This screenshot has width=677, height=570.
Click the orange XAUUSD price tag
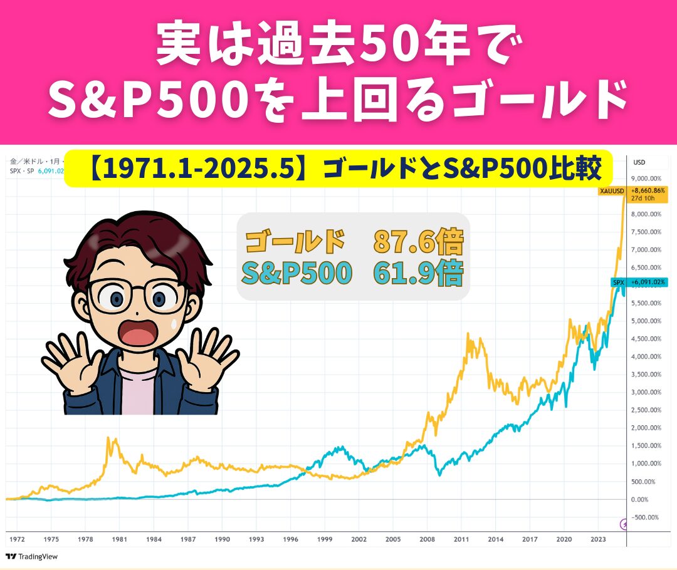[x=612, y=190]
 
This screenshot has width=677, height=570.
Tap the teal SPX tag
[x=618, y=282]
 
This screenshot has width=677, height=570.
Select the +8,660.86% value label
[x=648, y=190]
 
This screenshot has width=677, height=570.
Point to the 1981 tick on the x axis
[x=120, y=539]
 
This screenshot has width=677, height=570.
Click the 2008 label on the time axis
[x=427, y=539]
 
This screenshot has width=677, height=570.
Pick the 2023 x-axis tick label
[x=598, y=539]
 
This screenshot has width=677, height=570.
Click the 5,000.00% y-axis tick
[x=646, y=321]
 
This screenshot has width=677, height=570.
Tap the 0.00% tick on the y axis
[x=639, y=500]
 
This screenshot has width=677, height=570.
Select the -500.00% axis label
[x=644, y=517]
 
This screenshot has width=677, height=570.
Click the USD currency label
[x=639, y=162]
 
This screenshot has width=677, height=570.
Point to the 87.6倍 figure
[x=418, y=241]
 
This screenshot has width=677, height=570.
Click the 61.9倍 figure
[x=418, y=272]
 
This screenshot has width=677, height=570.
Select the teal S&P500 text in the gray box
[x=297, y=272]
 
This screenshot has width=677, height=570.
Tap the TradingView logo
[x=31, y=557]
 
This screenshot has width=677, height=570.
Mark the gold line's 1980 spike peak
[x=108, y=438]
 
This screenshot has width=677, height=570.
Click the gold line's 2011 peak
[x=468, y=333]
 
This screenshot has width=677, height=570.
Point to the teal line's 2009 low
[x=439, y=475]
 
